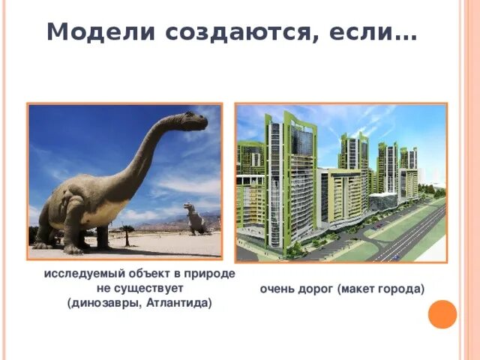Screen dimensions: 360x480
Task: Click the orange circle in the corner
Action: click(x=442, y=313)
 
